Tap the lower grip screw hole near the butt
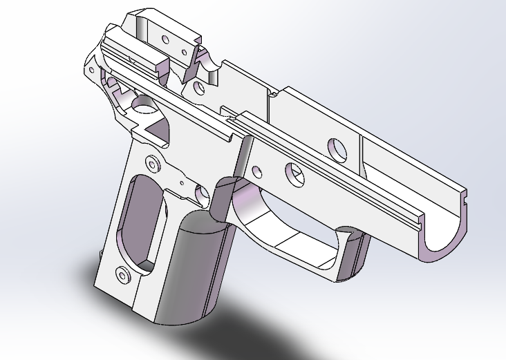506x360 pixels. (x=124, y=274)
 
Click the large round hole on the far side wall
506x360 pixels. (x=337, y=147)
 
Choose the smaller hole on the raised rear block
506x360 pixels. (x=182, y=52)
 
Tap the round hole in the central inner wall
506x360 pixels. (x=199, y=88)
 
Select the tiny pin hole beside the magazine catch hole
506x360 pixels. (x=181, y=183)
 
